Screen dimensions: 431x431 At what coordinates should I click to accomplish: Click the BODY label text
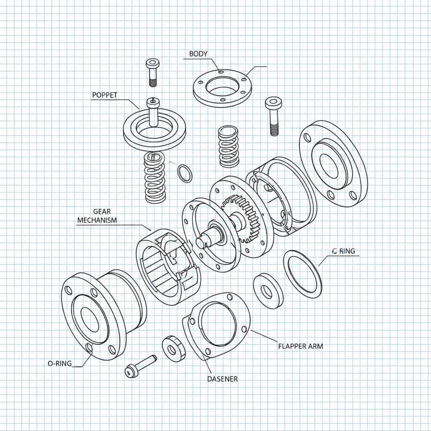pos(198,54)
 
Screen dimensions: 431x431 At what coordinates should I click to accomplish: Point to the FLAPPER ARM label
pos(301,346)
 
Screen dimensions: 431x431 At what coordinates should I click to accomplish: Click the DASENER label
pos(222,379)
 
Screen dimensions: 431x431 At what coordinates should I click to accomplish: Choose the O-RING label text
pos(60,363)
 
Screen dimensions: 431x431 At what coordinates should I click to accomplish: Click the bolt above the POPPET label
pos(152,72)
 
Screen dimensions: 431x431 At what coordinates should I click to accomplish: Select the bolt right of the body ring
pos(273,115)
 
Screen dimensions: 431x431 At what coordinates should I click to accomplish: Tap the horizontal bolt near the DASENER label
pos(141,365)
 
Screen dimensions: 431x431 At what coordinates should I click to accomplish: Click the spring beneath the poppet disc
pos(154,177)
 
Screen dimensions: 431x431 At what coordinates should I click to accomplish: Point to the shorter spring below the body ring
pos(229,146)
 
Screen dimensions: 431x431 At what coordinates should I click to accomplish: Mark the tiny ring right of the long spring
pos(184,173)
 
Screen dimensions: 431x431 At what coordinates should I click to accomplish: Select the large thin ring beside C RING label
pos(302,274)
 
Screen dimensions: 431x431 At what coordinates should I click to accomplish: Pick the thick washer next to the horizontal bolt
pos(173,348)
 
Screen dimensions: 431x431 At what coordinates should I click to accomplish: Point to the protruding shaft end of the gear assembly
pos(202,242)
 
